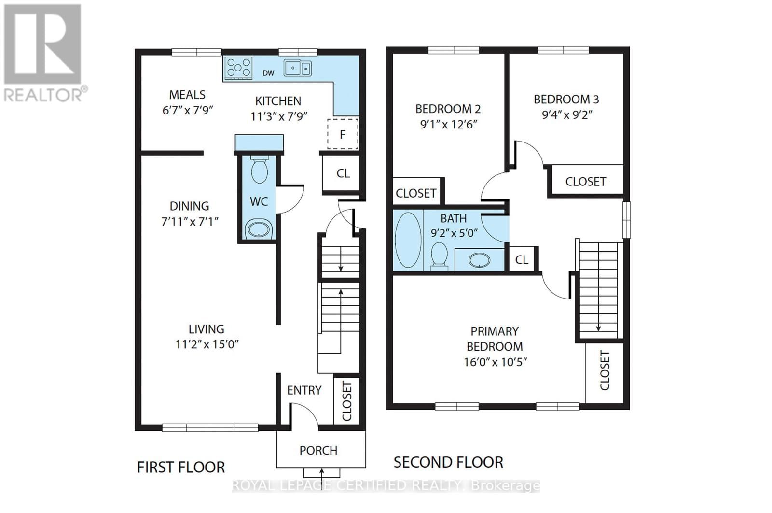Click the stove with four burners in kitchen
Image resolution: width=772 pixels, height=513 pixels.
pos(239,68)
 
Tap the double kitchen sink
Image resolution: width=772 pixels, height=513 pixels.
pos(297,68)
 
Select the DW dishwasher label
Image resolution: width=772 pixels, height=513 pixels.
pos(268,73)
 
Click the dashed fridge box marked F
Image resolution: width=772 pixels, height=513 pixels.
pos(343,134)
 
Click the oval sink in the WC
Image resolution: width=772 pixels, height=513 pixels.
pos(259,229)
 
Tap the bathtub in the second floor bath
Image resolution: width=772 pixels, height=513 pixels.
pos(408,240)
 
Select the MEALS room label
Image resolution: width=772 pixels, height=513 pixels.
pos(187,95)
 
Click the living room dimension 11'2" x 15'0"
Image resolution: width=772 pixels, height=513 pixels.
pos(207,344)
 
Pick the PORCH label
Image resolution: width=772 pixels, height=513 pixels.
pos(318,450)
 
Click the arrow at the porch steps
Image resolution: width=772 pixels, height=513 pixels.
pos(322,472)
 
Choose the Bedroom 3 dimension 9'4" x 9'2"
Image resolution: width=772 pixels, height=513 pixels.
pos(567,115)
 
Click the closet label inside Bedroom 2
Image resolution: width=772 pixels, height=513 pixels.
pos(416,193)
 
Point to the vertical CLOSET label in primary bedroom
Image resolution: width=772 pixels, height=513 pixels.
pos(605,370)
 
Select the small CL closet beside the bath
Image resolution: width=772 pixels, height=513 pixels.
pos(522,260)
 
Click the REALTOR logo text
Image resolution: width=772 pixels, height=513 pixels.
pos(45,94)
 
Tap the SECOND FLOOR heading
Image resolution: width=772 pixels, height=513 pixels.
pos(448,462)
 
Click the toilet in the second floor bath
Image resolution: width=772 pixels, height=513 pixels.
pos(439,255)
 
